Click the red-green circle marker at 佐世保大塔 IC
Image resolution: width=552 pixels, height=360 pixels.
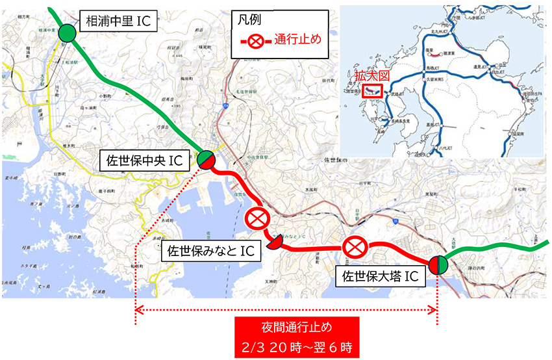(x=438, y=265)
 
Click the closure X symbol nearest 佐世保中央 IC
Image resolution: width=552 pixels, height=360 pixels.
(x=255, y=219)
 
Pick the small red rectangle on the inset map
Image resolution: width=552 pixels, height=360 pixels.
(x=373, y=90)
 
